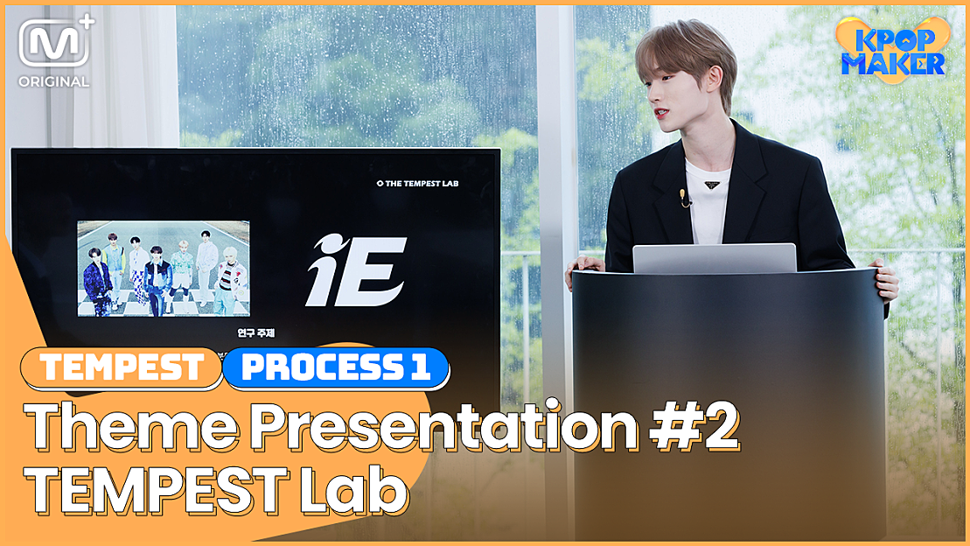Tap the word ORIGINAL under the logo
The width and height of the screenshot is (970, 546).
pos(53,82)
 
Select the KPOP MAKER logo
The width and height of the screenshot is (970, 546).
pos(891,51)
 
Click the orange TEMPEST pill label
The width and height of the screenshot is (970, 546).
pos(122,367)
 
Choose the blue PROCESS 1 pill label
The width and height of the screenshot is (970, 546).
pos(336,367)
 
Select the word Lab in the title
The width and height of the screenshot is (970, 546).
pos(363,492)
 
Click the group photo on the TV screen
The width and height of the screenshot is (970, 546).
pos(164,268)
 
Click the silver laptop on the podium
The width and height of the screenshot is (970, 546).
pos(714,258)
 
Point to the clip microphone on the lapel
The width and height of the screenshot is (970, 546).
pos(684,198)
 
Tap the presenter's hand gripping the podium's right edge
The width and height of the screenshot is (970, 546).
pos(885,280)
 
